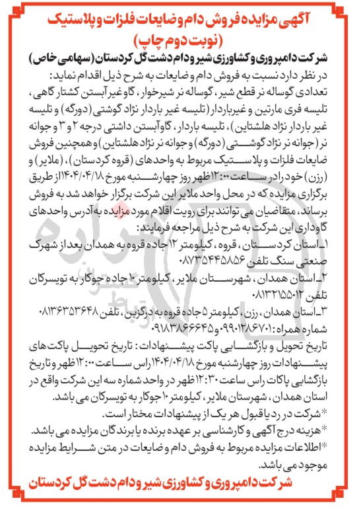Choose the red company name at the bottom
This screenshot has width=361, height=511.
180,496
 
